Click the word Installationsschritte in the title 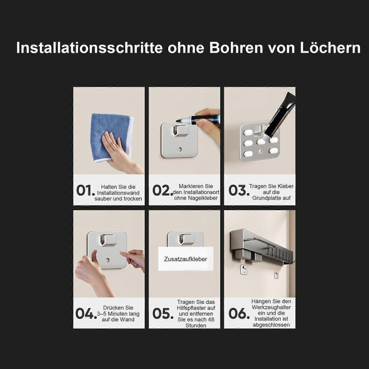[x=89, y=48]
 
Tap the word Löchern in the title [x=330, y=48]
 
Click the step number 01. [x=86, y=190]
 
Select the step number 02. [x=163, y=190]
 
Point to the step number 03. [x=239, y=190]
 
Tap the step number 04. [x=86, y=313]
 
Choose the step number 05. [x=163, y=313]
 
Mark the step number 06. [x=239, y=313]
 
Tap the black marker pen [x=200, y=119]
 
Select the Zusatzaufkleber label [x=186, y=259]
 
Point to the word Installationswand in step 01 [x=118, y=193]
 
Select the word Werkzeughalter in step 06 [x=271, y=307]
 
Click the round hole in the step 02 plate [x=180, y=149]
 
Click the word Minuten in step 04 [x=118, y=314]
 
